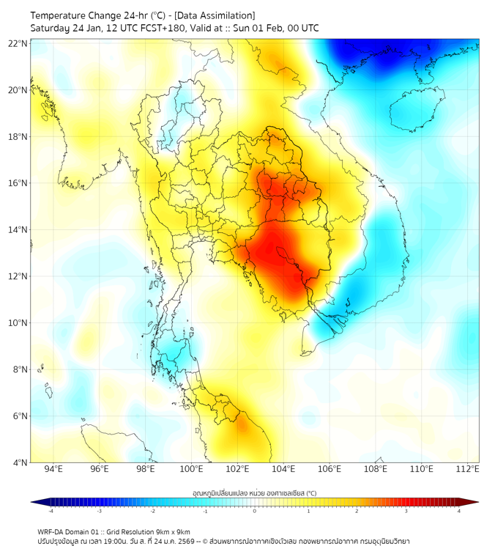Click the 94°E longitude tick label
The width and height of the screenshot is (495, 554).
(53, 470)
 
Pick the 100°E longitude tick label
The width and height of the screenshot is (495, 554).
(192, 470)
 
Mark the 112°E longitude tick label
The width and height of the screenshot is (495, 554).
(467, 470)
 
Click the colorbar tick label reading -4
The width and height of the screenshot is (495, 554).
(50, 511)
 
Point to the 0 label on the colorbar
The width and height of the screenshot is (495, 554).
(255, 511)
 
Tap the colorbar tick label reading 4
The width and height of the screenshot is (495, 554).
(459, 511)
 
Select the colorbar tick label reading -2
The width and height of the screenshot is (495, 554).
(152, 511)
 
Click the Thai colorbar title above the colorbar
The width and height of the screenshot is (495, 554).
(254, 492)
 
